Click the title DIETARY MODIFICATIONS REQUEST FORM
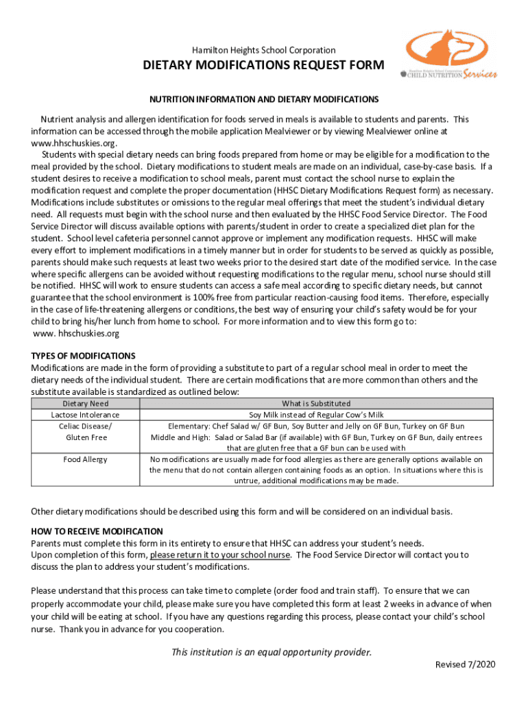(263, 66)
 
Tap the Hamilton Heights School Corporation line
(263, 50)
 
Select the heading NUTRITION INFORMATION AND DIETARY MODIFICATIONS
(263, 99)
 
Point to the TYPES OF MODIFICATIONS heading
(84, 356)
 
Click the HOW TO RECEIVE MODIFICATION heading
(97, 531)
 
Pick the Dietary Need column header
(86, 403)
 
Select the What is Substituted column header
(316, 403)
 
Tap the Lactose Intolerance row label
(86, 415)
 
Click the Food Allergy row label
(86, 459)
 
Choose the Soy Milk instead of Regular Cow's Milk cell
(316, 415)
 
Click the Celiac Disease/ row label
(86, 426)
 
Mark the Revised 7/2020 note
(466, 664)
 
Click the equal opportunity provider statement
(272, 652)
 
